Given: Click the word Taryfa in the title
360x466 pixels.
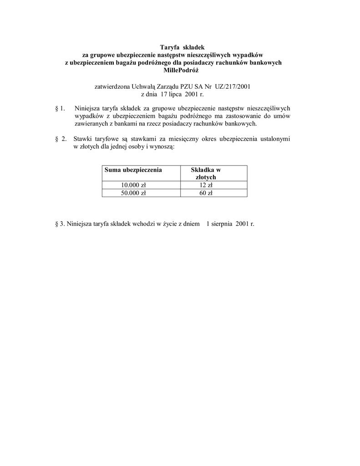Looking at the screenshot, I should [170, 47].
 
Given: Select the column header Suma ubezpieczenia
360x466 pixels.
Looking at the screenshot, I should [133, 170].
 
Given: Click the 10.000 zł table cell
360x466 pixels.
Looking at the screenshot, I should [133, 185].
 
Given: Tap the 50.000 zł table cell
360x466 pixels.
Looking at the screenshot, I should [133, 193].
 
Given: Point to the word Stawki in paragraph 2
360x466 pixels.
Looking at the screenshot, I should [83, 139].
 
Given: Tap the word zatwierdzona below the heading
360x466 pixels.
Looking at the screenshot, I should [111, 86].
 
